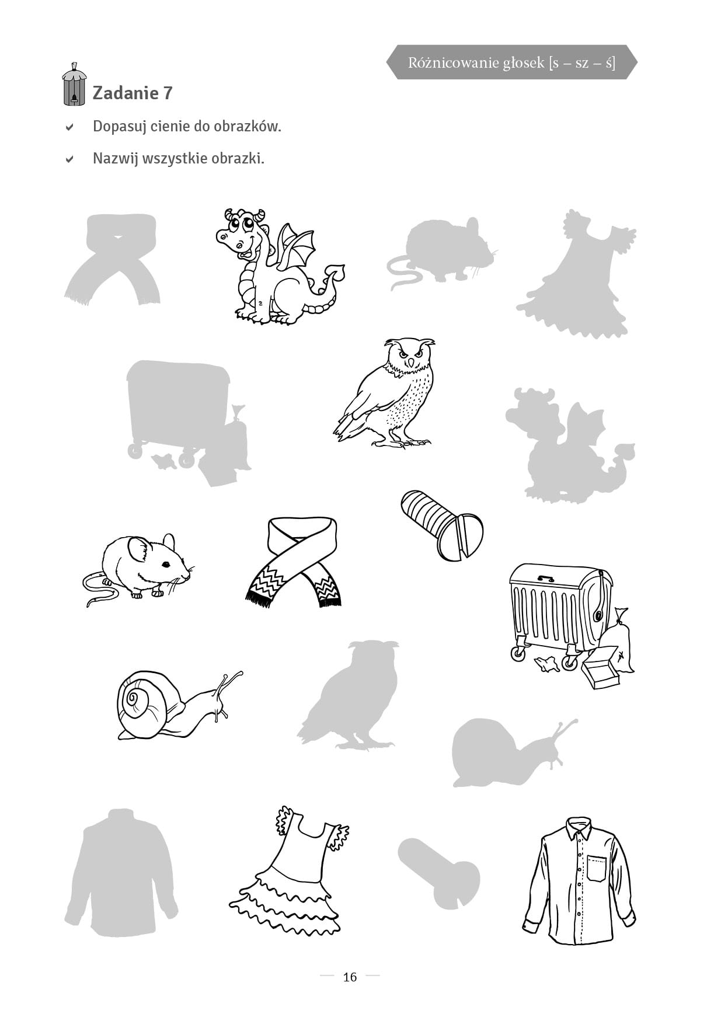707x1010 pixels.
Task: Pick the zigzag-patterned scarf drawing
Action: click(x=294, y=560)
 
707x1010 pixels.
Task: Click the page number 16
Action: click(x=350, y=977)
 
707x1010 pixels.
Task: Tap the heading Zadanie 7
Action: click(x=133, y=93)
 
